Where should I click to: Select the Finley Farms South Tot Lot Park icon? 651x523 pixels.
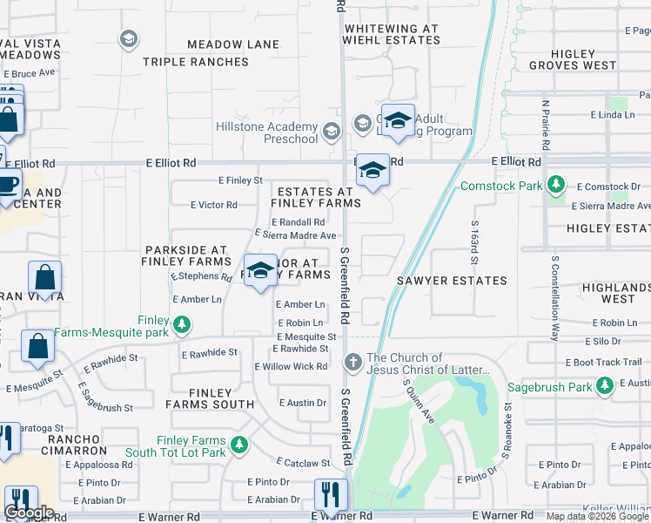coord(237,446)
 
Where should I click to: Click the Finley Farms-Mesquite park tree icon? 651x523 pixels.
coord(181,325)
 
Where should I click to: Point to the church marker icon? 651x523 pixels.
coord(353,361)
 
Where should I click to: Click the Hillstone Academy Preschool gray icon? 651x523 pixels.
coord(331,132)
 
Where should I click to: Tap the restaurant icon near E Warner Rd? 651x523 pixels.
coord(330,495)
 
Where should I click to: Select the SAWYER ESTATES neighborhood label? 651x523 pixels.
coord(452,281)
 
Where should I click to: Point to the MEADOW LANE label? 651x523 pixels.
coord(233,44)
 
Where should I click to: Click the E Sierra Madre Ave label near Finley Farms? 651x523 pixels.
coord(295,235)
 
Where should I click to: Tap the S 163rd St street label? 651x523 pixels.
coord(475,249)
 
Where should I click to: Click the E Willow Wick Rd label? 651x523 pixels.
coord(291,367)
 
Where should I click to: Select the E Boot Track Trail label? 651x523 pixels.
coord(603,363)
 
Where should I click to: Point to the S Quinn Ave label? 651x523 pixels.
coord(418,397)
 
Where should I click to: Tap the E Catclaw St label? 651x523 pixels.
coord(303,464)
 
